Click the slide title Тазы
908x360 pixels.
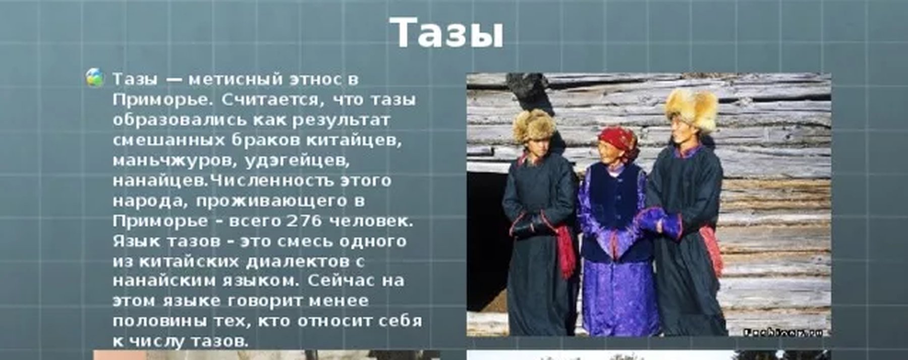click(x=447, y=33)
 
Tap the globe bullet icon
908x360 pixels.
click(x=94, y=78)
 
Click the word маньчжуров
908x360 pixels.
click(x=175, y=160)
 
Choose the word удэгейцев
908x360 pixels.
click(x=298, y=160)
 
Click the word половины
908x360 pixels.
click(x=159, y=321)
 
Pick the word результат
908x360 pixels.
click(x=341, y=120)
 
